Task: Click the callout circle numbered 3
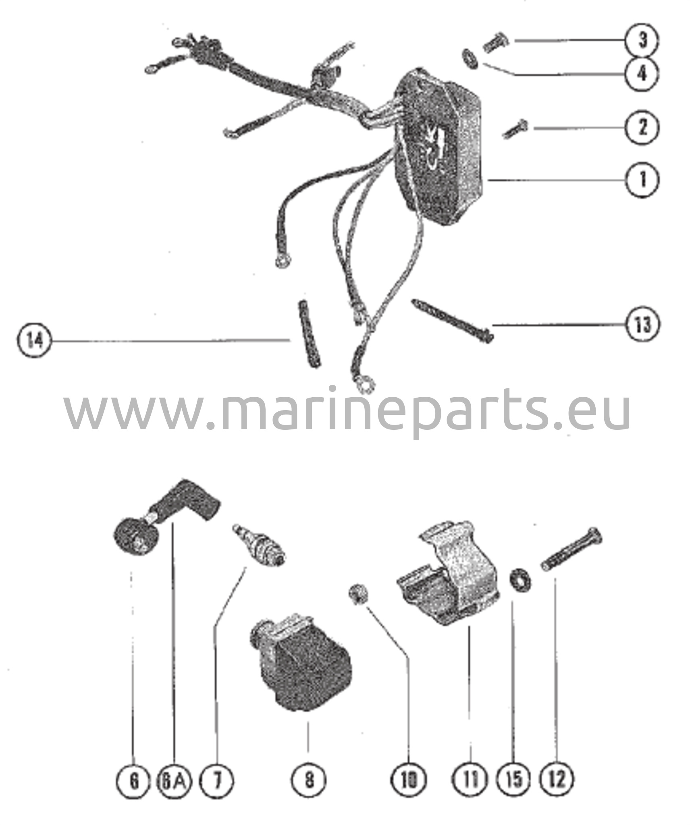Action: (x=642, y=41)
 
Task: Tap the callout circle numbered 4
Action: (x=642, y=74)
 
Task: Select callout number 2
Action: (x=642, y=128)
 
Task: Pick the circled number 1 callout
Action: (x=642, y=180)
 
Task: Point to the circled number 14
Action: (x=35, y=341)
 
